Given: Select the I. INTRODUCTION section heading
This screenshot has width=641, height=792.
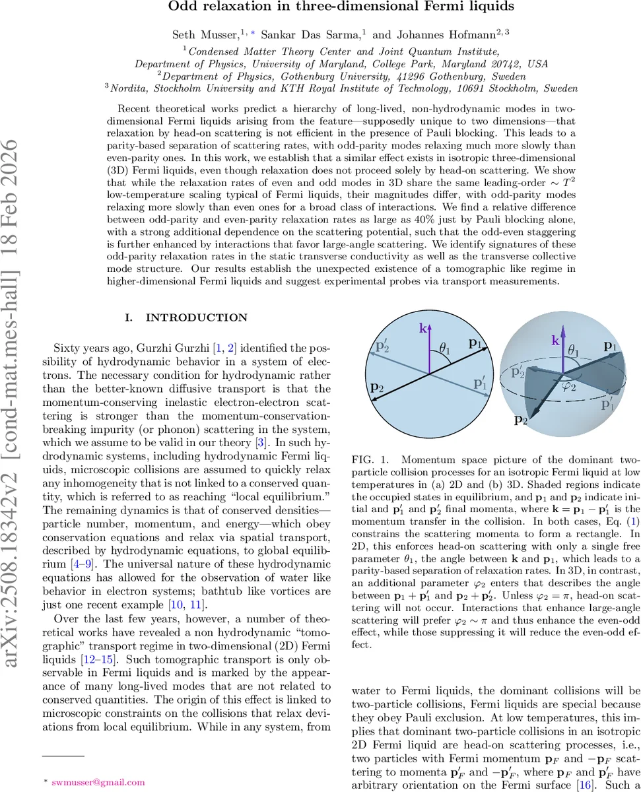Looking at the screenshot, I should coord(187,318).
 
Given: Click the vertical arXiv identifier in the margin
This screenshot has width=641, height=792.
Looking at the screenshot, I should coord(18,396).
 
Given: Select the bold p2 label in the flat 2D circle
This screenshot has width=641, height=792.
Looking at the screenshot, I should coord(377,387).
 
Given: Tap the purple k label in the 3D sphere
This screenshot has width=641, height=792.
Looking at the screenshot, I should coord(556,341).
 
